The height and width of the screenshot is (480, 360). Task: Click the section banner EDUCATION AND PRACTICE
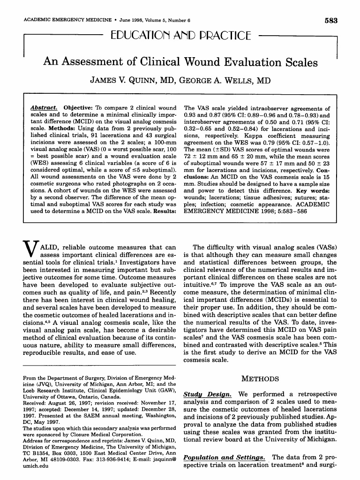pos(180,36)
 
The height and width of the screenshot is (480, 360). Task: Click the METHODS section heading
pos(260,378)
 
